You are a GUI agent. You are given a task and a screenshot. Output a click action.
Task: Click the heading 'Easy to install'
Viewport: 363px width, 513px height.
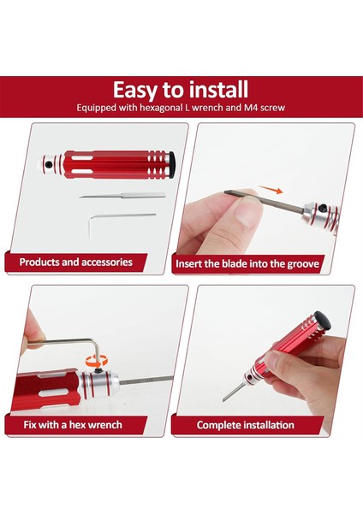pos(181,89)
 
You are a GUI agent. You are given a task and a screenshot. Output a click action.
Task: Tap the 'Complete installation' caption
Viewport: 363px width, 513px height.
pos(245,425)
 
